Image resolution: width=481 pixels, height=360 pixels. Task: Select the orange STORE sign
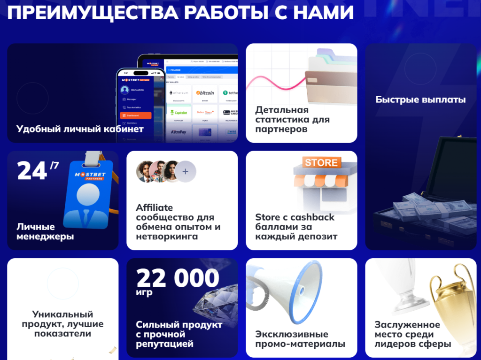(x=321, y=162)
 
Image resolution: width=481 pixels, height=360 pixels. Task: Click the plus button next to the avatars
(x=186, y=172)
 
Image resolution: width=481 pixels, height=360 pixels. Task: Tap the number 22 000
(x=178, y=279)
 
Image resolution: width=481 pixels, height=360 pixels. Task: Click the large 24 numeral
(x=32, y=171)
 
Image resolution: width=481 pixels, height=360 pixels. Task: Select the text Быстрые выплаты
(x=420, y=100)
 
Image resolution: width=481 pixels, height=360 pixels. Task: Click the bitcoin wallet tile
(x=205, y=93)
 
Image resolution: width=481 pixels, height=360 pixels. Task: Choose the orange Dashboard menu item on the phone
(x=136, y=115)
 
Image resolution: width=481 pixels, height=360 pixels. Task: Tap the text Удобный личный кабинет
(x=80, y=129)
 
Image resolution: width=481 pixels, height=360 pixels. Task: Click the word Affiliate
(x=155, y=207)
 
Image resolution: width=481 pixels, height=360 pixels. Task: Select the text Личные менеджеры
(x=45, y=231)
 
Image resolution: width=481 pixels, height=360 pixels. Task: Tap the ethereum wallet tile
(x=178, y=93)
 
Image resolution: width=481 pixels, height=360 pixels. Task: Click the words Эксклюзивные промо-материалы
(x=300, y=339)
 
